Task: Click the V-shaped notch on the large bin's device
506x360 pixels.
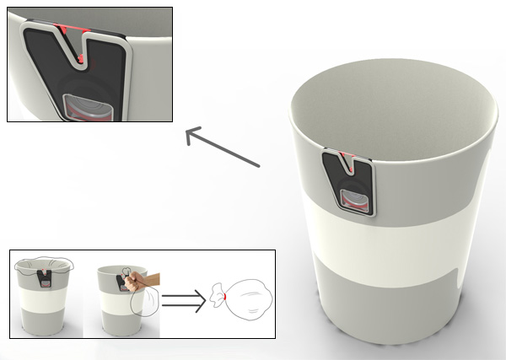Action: tap(346, 162)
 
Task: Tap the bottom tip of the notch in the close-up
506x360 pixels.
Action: tap(77, 60)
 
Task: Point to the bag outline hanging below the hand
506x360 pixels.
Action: tap(139, 304)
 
